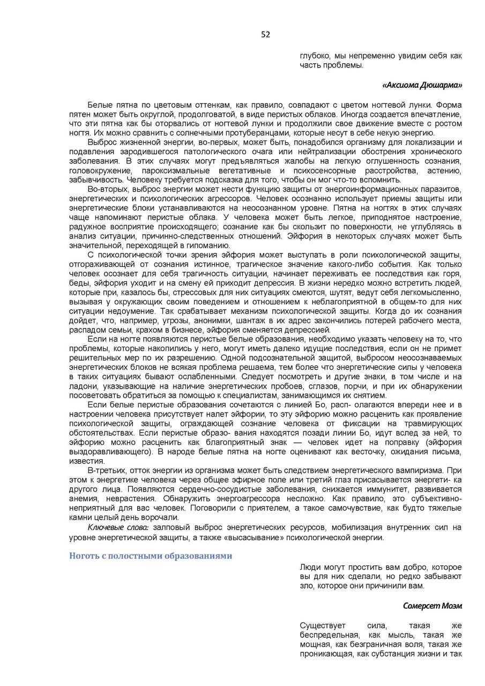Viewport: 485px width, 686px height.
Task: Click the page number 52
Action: pyautogui.click(x=266, y=35)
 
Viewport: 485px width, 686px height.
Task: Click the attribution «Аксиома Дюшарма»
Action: pyautogui.click(x=422, y=85)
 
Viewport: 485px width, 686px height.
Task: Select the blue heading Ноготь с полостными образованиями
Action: pyautogui.click(x=151, y=556)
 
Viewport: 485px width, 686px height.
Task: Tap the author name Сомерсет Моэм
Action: pyautogui.click(x=432, y=606)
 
